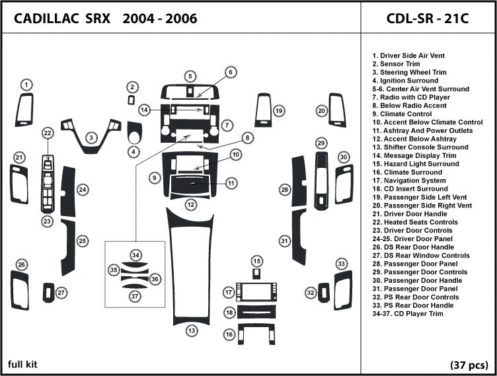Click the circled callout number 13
tap(192, 330)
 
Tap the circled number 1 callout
tap(26, 85)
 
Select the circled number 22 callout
tap(48, 133)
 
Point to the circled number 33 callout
tap(342, 264)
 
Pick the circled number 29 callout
tap(321, 143)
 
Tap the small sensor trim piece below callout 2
tap(132, 100)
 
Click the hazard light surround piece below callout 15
tap(256, 274)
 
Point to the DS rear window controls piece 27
tap(48, 292)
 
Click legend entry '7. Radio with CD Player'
tap(410, 97)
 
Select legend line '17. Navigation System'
tap(408, 180)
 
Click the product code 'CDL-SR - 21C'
tap(427, 18)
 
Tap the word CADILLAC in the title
tap(44, 19)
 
